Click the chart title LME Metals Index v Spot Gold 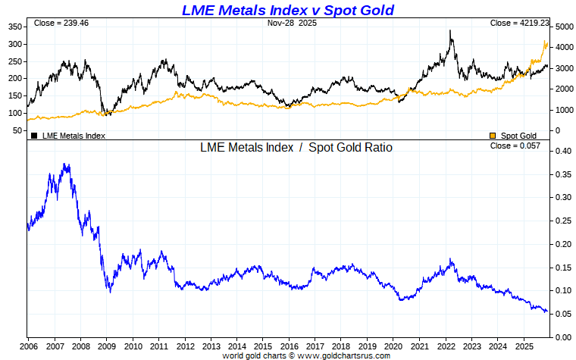pos(287,10)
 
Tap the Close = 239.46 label pos(56,23)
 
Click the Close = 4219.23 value pos(520,23)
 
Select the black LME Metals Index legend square pos(34,136)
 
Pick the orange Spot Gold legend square pos(493,136)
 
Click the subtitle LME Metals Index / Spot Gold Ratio pos(296,148)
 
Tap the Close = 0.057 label pos(515,146)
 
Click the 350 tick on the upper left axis pos(14,27)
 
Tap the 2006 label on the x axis pos(28,346)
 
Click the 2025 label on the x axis pos(524,346)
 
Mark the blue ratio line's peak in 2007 pos(66,164)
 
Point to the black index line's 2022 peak pos(451,31)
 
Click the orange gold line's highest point pos(544,41)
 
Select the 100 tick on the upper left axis pos(14,113)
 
